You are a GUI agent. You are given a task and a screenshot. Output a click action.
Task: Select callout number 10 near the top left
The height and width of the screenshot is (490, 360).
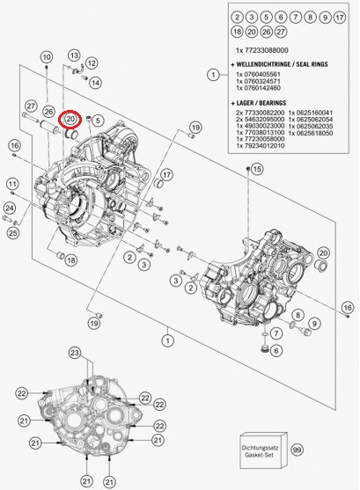click(x=46, y=57)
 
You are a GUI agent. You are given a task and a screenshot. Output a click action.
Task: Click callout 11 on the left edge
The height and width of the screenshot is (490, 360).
click(x=13, y=184)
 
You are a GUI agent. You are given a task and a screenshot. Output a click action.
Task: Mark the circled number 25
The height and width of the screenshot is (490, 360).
click(x=13, y=233)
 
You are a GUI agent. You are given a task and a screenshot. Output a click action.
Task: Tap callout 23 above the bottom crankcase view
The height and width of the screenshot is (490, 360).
click(x=75, y=353)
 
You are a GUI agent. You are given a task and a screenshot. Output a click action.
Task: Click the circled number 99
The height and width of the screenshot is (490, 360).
click(x=297, y=450)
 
